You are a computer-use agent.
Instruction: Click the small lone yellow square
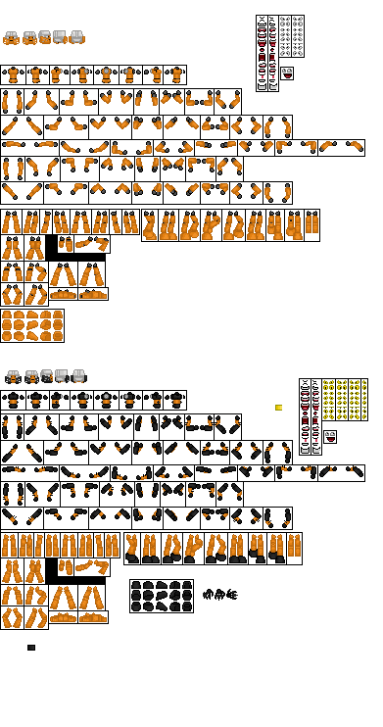coord(278,408)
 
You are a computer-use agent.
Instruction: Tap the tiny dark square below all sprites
coord(31,648)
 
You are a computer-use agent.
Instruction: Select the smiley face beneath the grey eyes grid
coord(287,73)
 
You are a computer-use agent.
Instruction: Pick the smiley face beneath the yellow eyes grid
coord(330,437)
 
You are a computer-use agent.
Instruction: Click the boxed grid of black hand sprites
coord(161,596)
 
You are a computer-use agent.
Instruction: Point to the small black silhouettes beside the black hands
coord(219,594)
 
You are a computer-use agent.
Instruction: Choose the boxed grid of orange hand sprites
coord(32,326)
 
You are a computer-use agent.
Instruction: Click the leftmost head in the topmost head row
coord(11,38)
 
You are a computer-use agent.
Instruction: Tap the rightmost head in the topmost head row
coord(76,37)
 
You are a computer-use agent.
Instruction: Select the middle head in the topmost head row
coord(44,38)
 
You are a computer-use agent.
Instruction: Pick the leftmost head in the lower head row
coord(13,376)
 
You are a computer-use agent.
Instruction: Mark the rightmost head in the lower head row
coord(77,375)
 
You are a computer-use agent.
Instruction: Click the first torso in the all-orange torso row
coord(12,74)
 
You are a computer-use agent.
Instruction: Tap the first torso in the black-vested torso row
coord(12,400)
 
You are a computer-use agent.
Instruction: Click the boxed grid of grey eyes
coord(291,36)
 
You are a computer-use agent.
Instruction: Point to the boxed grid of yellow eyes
coord(342,400)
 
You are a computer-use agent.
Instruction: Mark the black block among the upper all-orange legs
coord(52,246)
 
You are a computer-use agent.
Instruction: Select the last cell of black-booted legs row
coord(291,549)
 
